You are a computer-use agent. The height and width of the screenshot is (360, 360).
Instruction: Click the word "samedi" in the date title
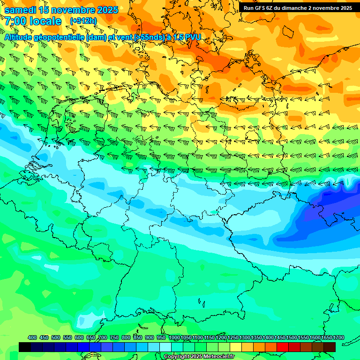tap(20, 10)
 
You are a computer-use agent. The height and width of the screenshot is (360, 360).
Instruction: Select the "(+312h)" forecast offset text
tap(83, 21)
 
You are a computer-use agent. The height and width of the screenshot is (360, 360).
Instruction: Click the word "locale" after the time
tap(45, 21)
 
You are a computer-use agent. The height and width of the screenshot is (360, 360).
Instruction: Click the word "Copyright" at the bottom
tap(177, 357)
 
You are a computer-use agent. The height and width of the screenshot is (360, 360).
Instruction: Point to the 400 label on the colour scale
tap(32, 337)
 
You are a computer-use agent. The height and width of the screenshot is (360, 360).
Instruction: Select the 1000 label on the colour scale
tap(174, 337)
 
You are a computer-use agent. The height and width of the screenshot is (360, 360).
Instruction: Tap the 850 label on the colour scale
tap(138, 337)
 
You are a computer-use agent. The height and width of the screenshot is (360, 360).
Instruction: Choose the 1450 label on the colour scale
tap(279, 337)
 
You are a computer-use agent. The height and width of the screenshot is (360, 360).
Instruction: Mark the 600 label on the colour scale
tap(79, 337)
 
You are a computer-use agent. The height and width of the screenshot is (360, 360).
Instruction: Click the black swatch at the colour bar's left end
tap(25, 347)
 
